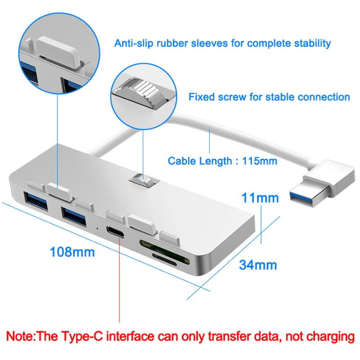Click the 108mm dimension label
(x=72, y=252)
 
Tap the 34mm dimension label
(x=257, y=265)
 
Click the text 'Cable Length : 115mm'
(x=222, y=161)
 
